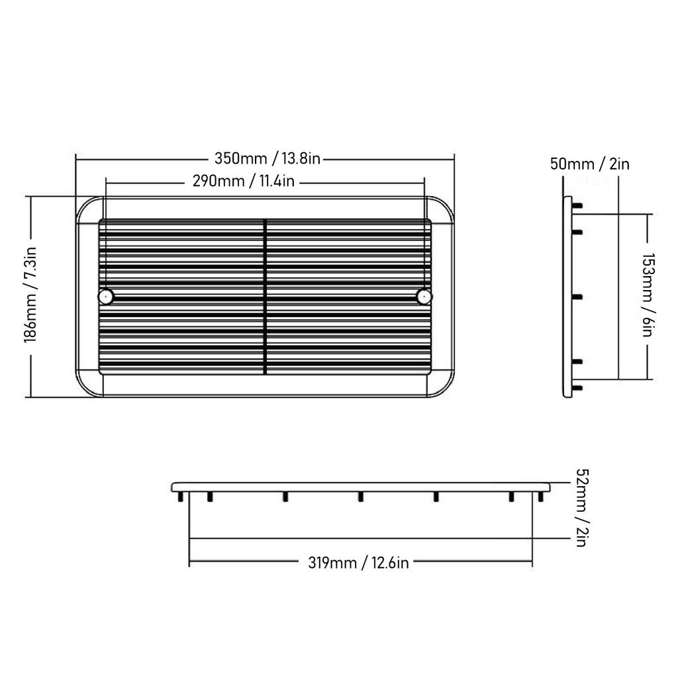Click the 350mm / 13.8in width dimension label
[x=267, y=159]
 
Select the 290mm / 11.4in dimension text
[x=243, y=181]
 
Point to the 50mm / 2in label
[x=589, y=164]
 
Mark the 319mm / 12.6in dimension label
[x=358, y=563]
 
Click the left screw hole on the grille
[x=105, y=296]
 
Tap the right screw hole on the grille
[x=424, y=296]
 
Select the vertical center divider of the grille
[x=265, y=296]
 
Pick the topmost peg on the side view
[x=577, y=206]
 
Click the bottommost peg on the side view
[x=577, y=387]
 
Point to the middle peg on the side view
[x=577, y=297]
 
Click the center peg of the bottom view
[x=361, y=497]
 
